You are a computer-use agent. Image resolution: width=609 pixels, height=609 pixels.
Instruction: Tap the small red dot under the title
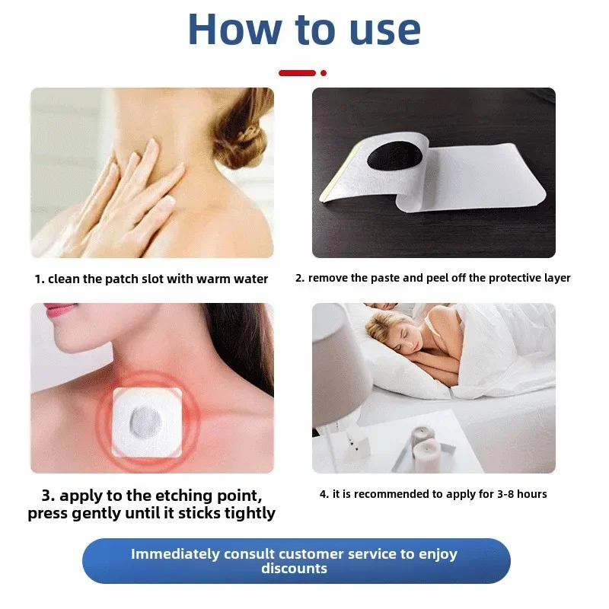coord(323,73)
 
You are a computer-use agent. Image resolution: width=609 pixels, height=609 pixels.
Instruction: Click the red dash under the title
coord(297,73)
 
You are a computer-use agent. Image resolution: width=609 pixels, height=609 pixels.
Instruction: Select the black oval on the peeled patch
coord(394,159)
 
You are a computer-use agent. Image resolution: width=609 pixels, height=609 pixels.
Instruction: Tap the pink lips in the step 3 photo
coord(59,310)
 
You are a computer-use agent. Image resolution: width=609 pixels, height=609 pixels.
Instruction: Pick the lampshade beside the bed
coord(340,365)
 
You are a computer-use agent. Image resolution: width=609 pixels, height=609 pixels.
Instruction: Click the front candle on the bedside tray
coord(426,456)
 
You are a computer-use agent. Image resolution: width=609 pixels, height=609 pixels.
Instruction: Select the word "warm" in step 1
coord(213,279)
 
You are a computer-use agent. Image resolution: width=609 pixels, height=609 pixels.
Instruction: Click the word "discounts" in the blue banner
coord(294,568)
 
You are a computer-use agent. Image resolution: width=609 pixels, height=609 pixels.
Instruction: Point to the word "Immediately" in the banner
coord(175,554)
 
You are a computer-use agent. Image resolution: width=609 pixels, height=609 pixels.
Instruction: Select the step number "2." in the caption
coord(300,278)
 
